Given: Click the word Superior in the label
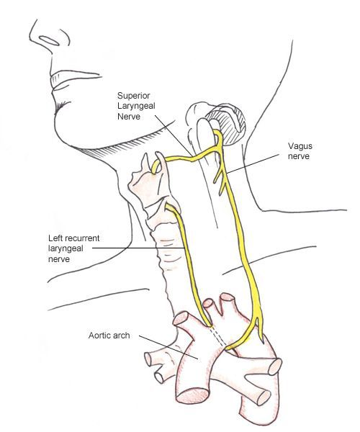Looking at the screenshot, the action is coord(134,96).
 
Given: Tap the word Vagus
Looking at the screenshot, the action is coord(300,145).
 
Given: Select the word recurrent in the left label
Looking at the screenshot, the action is coord(81,238).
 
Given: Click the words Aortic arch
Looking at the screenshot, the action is coord(109,336).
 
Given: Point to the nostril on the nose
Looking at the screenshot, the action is coord(50,40).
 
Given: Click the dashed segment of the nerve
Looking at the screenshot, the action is coord(218,337).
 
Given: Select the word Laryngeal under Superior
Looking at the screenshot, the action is coord(136,107).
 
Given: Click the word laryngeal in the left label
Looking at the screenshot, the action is coord(66,249).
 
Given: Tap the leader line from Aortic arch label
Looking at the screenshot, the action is coord(168,347).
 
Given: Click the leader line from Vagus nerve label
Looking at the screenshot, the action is coord(253,163).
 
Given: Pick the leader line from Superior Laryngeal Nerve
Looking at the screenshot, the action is coord(173,135).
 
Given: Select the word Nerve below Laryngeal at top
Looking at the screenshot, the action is coord(129,116).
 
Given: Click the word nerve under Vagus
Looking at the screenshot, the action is coord(299,156).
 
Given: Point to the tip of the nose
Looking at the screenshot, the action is coord(30,37).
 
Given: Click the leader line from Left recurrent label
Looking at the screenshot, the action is coord(138,248).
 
